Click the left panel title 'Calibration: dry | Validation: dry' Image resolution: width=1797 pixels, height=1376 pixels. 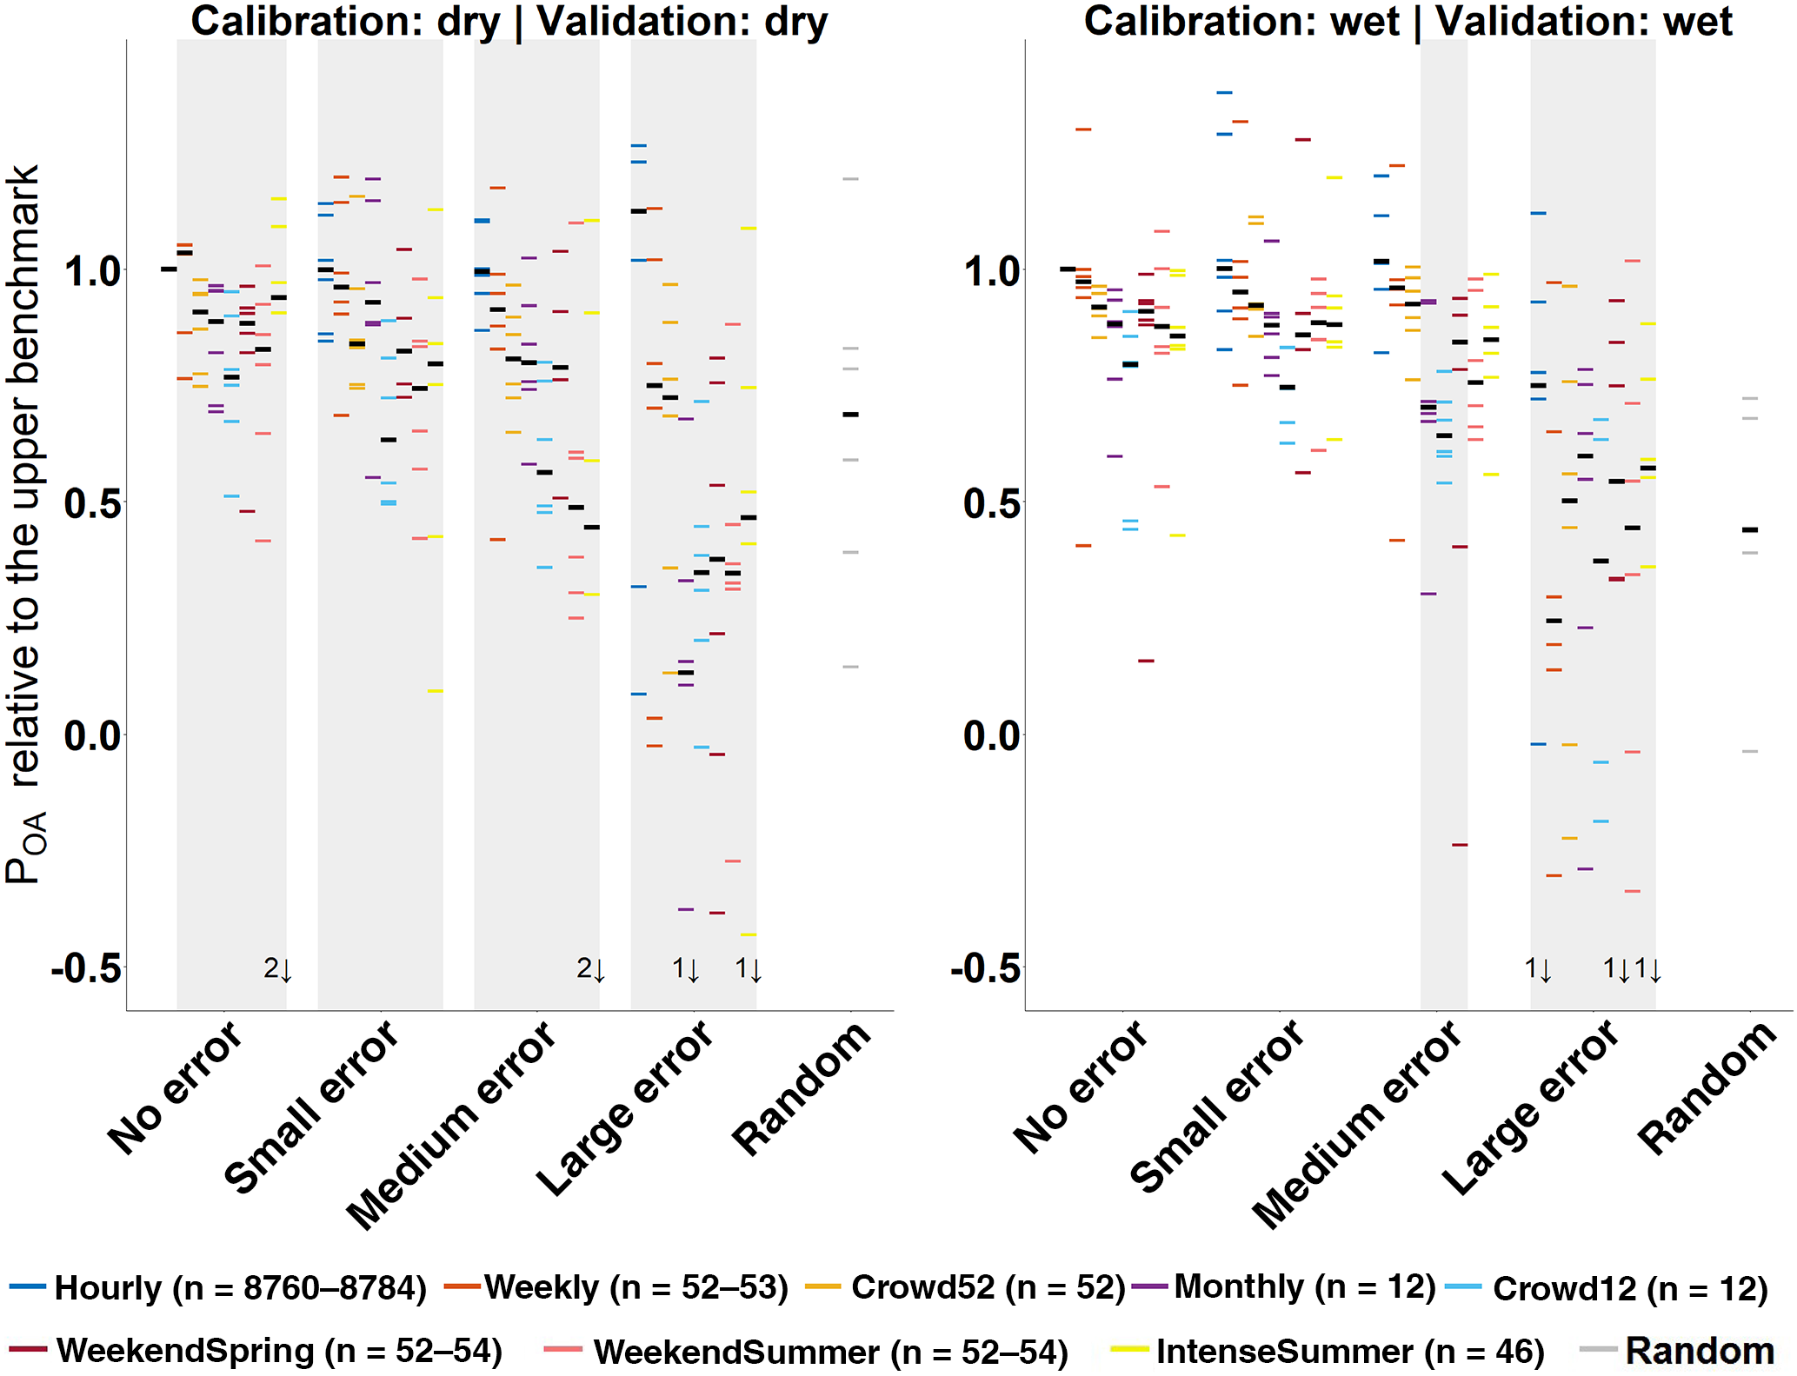click(509, 21)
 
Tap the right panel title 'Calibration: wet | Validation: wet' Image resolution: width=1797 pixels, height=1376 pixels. click(1408, 21)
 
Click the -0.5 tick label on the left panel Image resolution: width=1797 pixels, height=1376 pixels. click(87, 967)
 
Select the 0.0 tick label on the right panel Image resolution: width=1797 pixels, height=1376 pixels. click(991, 735)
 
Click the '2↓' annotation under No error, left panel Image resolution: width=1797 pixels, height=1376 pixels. click(277, 968)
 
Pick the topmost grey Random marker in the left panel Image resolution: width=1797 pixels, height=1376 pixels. click(850, 179)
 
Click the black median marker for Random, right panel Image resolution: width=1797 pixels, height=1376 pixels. click(1750, 529)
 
